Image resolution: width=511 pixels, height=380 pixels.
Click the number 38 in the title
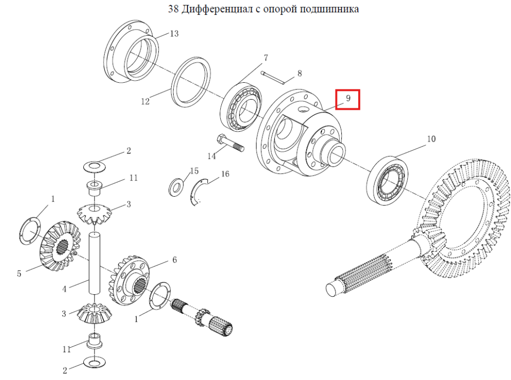173,9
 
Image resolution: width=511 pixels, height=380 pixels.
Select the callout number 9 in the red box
348,98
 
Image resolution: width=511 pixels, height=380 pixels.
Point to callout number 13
174,34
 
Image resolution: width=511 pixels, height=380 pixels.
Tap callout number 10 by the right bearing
431,139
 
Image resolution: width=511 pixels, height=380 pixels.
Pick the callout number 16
225,174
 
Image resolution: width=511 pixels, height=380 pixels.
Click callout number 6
175,259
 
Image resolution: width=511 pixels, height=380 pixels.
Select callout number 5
19,273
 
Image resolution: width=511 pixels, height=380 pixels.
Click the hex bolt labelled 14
230,144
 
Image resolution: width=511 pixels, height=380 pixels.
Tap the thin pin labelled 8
273,78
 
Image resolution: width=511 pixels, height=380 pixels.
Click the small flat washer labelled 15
176,187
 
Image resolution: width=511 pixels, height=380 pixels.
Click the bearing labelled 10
387,180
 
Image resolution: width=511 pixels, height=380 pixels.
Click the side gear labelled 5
60,246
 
